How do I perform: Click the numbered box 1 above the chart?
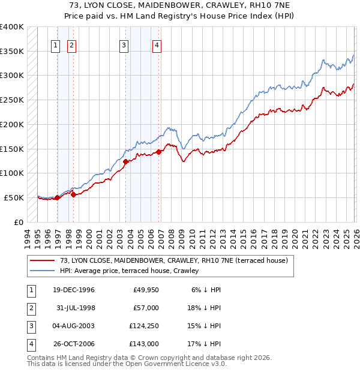coord(56,44)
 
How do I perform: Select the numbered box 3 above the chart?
coord(124,44)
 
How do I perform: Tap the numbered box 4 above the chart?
coord(157,44)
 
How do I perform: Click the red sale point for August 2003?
coord(126,161)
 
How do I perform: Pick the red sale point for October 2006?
coord(159,152)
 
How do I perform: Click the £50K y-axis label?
coord(14,197)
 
